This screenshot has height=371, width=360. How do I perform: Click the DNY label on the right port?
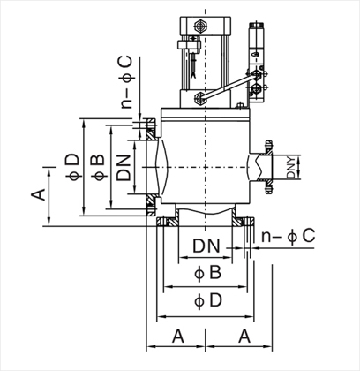click(x=290, y=167)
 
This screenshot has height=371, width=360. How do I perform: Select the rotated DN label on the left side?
click(x=124, y=167)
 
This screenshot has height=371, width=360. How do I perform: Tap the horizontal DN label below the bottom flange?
click(x=206, y=246)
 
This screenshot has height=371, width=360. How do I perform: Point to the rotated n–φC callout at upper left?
click(x=126, y=82)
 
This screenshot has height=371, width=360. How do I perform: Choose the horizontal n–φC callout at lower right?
click(x=289, y=236)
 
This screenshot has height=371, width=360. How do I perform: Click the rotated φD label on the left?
click(x=72, y=167)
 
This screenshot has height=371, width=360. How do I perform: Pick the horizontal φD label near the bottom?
click(x=208, y=300)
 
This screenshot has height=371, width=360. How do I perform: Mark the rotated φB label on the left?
click(x=98, y=167)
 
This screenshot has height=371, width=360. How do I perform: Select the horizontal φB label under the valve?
click(x=207, y=273)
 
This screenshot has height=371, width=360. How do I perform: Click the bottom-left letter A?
click(x=178, y=337)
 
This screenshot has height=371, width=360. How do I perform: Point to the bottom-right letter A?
click(x=244, y=337)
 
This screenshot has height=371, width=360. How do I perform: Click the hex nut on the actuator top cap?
click(x=201, y=26)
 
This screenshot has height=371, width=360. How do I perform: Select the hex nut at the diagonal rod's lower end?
click(x=200, y=98)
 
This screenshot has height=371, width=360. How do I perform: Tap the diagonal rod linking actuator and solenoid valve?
click(x=228, y=86)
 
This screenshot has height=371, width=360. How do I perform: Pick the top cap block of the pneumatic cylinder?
click(x=206, y=26)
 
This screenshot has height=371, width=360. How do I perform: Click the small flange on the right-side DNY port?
click(x=268, y=167)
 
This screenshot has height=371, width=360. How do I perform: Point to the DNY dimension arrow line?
click(x=299, y=167)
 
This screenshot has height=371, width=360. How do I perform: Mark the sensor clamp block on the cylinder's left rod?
click(x=189, y=45)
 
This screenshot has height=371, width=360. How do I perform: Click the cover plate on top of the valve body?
click(x=206, y=113)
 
